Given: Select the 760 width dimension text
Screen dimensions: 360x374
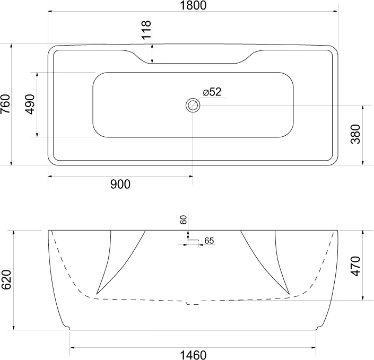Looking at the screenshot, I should pos(6,104).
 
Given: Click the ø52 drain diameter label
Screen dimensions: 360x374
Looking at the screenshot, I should pos(211,92).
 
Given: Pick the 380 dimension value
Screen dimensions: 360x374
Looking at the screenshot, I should pos(356,135).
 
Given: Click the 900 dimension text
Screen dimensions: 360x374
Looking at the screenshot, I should pos(120,184).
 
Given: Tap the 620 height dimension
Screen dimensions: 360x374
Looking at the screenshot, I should pos(6,280).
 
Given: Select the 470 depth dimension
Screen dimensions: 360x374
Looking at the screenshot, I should pos(356,266).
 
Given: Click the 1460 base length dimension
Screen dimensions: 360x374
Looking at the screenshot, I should pos(193,354).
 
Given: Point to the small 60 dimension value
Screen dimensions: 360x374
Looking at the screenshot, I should pos(184,220).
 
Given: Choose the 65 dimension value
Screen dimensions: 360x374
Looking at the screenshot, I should pos(209,241).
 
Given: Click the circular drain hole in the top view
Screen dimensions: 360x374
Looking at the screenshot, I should pos(193,105).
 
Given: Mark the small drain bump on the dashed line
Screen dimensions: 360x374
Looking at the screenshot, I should pos(193,304).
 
